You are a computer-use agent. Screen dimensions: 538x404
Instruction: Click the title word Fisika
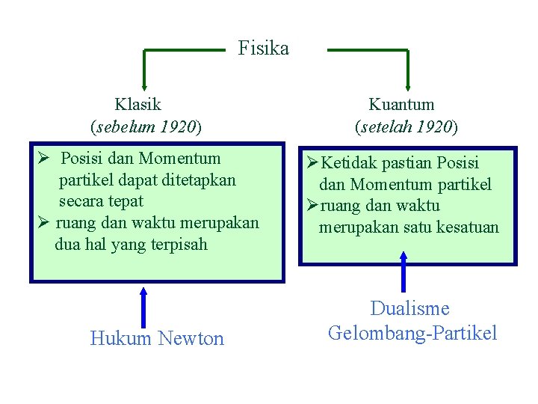[x=263, y=49]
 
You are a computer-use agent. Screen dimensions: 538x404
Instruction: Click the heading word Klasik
[x=137, y=104]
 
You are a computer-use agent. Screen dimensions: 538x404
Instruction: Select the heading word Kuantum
[x=401, y=104]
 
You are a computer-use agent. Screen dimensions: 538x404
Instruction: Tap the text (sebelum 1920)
[x=146, y=126]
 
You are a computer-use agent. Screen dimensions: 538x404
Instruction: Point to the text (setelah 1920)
[x=406, y=126]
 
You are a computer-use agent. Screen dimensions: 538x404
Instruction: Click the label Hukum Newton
[x=157, y=339]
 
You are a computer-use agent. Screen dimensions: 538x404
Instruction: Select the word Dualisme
[x=410, y=308]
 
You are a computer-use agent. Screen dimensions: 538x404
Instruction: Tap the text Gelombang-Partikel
[x=412, y=333]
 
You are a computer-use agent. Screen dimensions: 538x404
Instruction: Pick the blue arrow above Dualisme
[x=403, y=271]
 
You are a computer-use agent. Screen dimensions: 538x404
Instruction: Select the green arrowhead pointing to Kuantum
[x=408, y=84]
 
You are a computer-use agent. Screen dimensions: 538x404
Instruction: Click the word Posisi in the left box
[x=84, y=159]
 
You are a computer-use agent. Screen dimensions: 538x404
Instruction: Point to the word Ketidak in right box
[x=349, y=163]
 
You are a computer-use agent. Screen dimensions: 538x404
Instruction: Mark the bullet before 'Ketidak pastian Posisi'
[x=312, y=163]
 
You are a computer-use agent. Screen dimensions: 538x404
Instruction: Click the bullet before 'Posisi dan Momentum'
[x=43, y=159]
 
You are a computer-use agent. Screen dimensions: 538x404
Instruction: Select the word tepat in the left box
[x=126, y=202]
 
